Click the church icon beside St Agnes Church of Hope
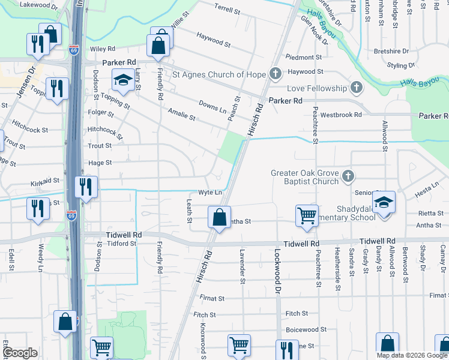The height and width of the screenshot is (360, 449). (x=276, y=74)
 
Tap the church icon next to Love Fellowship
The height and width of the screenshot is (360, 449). (x=357, y=88)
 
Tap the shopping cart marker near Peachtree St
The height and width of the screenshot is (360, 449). (x=307, y=215)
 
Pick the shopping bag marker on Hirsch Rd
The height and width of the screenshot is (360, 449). (x=220, y=216)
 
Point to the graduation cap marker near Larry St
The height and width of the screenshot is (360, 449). (x=123, y=80)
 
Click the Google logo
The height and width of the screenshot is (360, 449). (x=20, y=353)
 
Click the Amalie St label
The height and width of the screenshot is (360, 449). (x=182, y=115)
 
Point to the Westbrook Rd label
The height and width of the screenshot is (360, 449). (x=341, y=114)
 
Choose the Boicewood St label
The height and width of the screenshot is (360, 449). (x=306, y=329)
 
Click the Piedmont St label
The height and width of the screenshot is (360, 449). (x=304, y=58)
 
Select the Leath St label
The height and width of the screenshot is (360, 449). (x=189, y=211)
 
